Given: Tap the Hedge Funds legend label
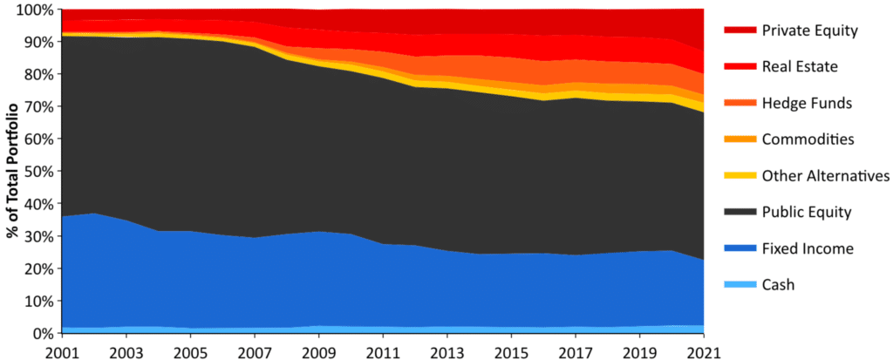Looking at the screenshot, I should point(806,103).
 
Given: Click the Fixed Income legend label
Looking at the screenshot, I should point(808,248).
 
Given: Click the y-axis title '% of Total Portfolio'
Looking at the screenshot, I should point(11,171).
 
